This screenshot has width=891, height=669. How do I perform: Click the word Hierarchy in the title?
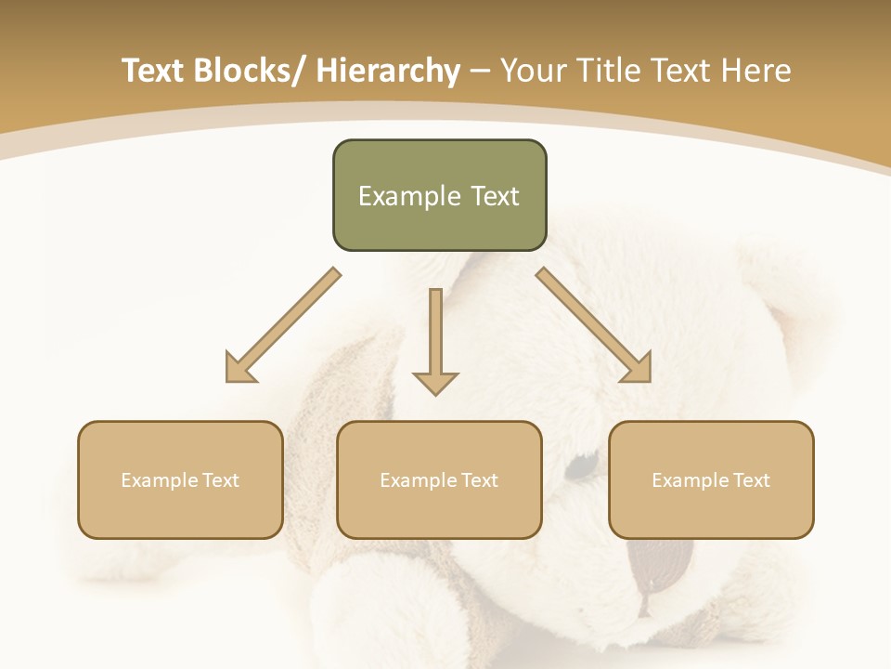(388, 72)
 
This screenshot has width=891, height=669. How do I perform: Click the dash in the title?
(480, 72)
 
